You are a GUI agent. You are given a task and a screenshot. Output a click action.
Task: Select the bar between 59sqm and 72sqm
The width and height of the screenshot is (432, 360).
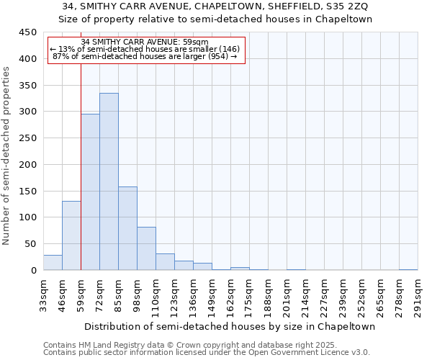(90, 192)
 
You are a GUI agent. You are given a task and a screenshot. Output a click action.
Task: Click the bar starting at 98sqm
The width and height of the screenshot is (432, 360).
(146, 248)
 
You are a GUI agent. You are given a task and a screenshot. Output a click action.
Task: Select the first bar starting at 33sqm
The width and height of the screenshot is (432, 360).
(53, 263)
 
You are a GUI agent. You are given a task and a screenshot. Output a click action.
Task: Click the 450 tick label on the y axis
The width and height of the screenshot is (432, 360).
(28, 32)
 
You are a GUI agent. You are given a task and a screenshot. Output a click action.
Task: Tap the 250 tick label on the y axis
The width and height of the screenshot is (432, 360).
(28, 138)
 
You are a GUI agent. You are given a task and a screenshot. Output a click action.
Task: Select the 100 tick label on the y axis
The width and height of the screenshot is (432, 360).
(28, 217)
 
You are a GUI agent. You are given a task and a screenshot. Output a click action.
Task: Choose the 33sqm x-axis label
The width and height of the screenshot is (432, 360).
(43, 295)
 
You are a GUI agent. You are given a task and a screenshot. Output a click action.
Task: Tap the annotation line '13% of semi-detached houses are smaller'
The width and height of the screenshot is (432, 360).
(145, 49)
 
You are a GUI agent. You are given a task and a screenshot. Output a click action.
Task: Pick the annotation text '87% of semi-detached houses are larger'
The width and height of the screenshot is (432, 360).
(145, 57)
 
